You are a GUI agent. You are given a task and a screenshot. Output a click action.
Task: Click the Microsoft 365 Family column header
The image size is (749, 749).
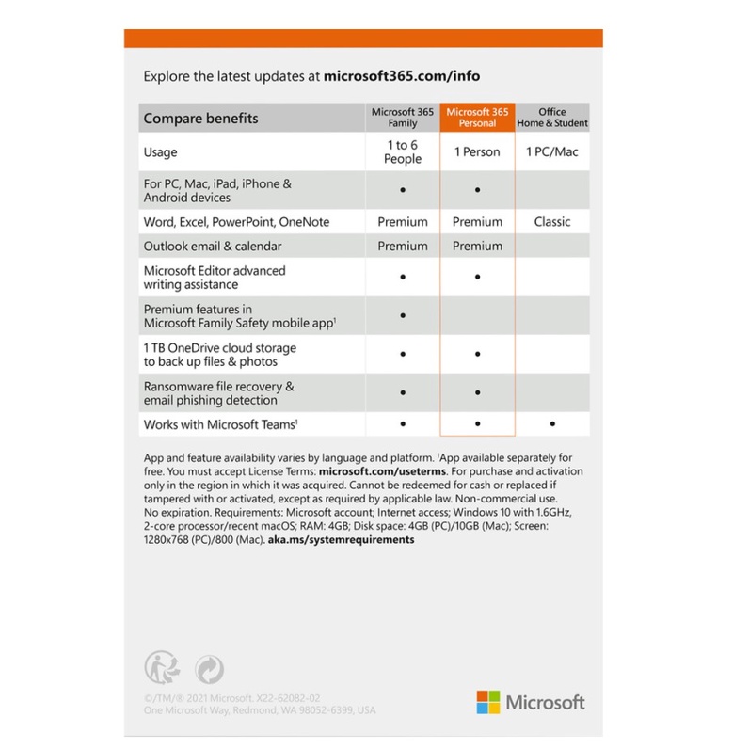pyautogui.click(x=402, y=118)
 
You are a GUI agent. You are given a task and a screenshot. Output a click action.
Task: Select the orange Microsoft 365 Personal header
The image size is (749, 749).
pyautogui.click(x=477, y=118)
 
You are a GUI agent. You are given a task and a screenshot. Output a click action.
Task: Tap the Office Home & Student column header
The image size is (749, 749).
pyautogui.click(x=552, y=118)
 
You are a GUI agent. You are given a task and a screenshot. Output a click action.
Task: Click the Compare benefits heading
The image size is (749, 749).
pyautogui.click(x=200, y=119)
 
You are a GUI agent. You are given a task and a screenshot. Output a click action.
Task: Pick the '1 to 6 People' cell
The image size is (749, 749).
pyautogui.click(x=402, y=151)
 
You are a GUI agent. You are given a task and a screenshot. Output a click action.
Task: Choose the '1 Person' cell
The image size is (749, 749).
pyautogui.click(x=477, y=151)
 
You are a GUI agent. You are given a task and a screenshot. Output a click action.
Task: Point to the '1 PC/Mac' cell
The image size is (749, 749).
pyautogui.click(x=552, y=151)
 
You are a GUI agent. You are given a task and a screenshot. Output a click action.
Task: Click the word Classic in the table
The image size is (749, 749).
pyautogui.click(x=552, y=222)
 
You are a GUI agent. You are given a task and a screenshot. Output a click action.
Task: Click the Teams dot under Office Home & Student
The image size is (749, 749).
pyautogui.click(x=552, y=424)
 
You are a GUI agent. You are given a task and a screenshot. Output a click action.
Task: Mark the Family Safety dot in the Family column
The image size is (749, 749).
pyautogui.click(x=403, y=316)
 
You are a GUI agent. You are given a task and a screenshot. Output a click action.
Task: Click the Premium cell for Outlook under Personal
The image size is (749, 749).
pyautogui.click(x=477, y=246)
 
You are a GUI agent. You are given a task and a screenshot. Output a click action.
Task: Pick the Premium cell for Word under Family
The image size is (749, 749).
pyautogui.click(x=402, y=222)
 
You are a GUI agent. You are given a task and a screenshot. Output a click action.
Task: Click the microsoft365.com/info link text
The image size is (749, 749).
pyautogui.click(x=402, y=76)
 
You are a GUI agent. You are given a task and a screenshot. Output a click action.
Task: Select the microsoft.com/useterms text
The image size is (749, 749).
pyautogui.click(x=376, y=470)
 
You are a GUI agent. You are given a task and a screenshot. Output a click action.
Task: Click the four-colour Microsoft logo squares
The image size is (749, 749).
pyautogui.click(x=487, y=702)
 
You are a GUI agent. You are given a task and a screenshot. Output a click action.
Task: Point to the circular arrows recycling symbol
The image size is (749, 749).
pyautogui.click(x=208, y=669)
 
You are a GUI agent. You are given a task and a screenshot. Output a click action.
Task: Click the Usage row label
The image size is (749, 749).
pyautogui.click(x=160, y=151)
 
